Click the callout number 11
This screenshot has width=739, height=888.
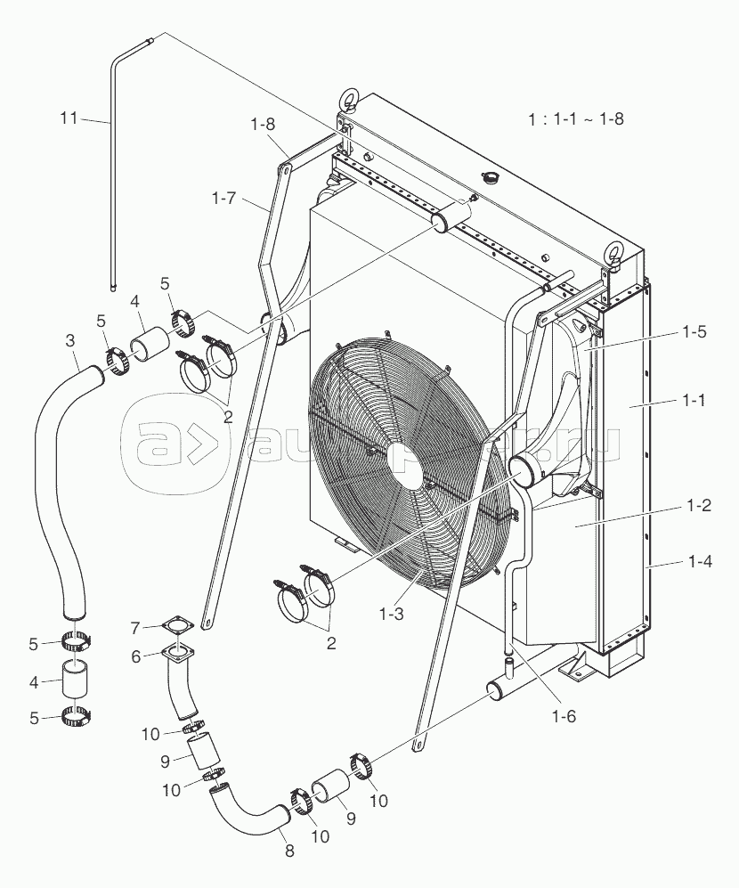click(68, 118)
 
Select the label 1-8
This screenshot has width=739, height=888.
click(263, 126)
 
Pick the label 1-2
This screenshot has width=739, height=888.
click(697, 505)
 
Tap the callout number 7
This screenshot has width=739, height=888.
click(134, 629)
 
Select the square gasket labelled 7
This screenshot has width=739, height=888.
click(180, 629)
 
